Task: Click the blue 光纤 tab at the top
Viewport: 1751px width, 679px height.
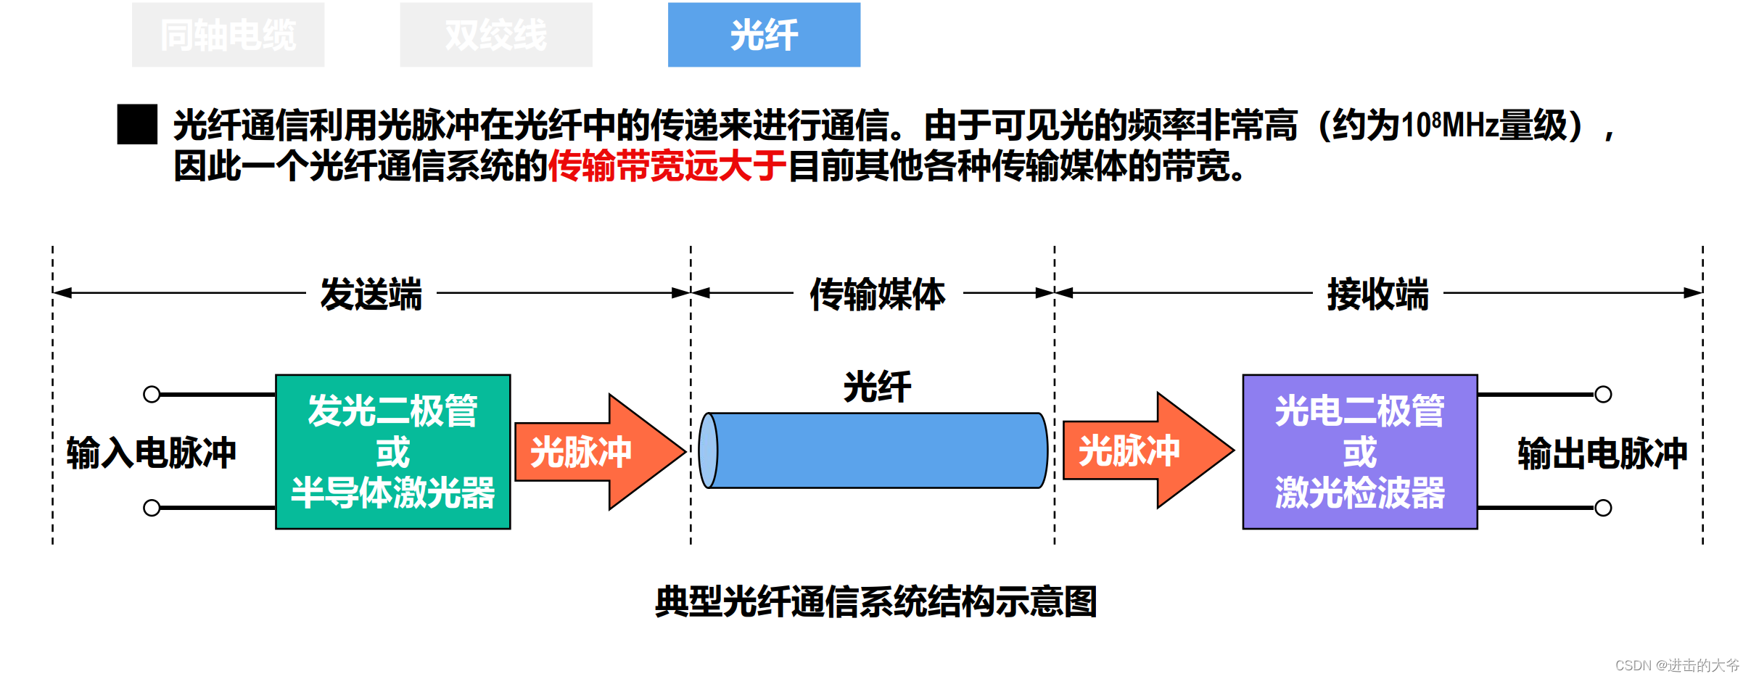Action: (764, 35)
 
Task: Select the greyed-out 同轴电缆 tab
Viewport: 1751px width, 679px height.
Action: (228, 35)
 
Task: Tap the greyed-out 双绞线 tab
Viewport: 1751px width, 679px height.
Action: (495, 35)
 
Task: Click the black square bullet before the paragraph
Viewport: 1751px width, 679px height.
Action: (137, 124)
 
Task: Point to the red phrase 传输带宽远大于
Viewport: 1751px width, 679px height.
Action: (667, 166)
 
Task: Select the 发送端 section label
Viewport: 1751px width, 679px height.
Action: (371, 294)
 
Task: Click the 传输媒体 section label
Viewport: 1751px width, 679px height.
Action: (877, 294)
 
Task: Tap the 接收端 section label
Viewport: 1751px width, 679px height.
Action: (1377, 294)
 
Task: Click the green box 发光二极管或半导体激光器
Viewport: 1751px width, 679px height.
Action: (392, 451)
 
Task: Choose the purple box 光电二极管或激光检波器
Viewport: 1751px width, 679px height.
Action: (1359, 451)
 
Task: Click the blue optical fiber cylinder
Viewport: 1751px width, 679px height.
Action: (874, 450)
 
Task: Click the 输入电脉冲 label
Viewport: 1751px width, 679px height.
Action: (151, 453)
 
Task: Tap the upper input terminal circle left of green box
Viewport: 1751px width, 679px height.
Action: (152, 394)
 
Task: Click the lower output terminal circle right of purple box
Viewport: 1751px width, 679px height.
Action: (1603, 508)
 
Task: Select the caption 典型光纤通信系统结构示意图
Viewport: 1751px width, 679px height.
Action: (875, 601)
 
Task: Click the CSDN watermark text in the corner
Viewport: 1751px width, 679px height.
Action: (1676, 664)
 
